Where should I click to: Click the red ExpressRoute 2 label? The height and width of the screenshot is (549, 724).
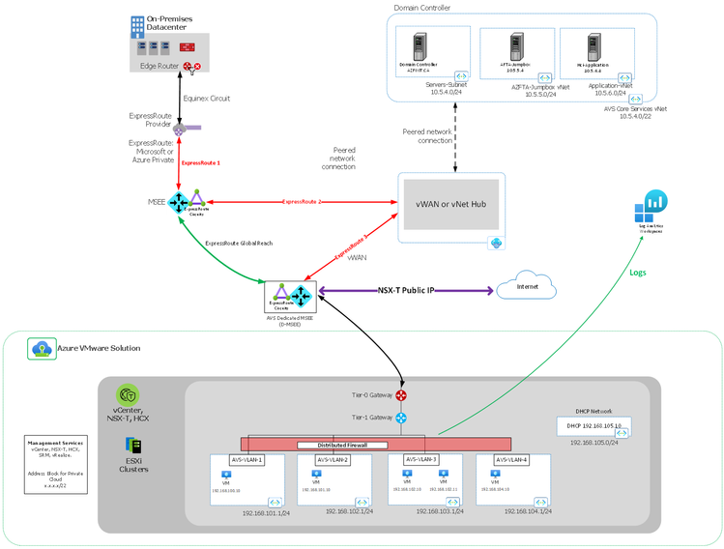302,201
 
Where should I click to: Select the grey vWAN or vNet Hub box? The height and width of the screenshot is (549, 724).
450,203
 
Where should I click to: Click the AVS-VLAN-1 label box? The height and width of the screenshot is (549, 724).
247,459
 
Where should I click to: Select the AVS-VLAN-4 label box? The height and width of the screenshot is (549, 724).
511,459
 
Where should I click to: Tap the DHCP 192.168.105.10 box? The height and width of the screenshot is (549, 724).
594,424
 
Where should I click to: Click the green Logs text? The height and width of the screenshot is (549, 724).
639,272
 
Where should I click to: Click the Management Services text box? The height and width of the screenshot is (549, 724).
55,464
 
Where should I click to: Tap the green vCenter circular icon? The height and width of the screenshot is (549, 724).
129,395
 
